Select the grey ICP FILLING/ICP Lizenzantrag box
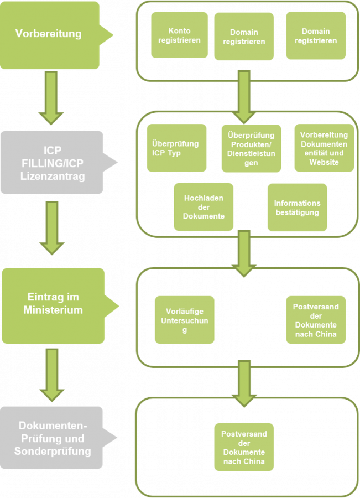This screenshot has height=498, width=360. coord(51,162)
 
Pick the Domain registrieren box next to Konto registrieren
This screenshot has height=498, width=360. coord(244,37)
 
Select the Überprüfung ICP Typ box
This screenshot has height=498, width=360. coord(175,148)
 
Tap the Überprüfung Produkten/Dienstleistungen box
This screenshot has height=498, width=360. coord(251,148)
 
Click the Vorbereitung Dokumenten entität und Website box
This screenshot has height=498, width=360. coord(324,148)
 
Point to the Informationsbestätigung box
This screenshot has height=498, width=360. coord(297,207)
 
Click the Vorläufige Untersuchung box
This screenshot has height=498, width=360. coord(185,320)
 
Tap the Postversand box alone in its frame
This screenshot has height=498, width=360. coord(244,447)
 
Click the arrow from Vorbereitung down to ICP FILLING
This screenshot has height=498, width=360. coord(51,98)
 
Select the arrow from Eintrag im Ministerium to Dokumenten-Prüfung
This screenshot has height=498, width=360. coord(51,373)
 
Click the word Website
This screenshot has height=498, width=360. coord(324,162)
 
